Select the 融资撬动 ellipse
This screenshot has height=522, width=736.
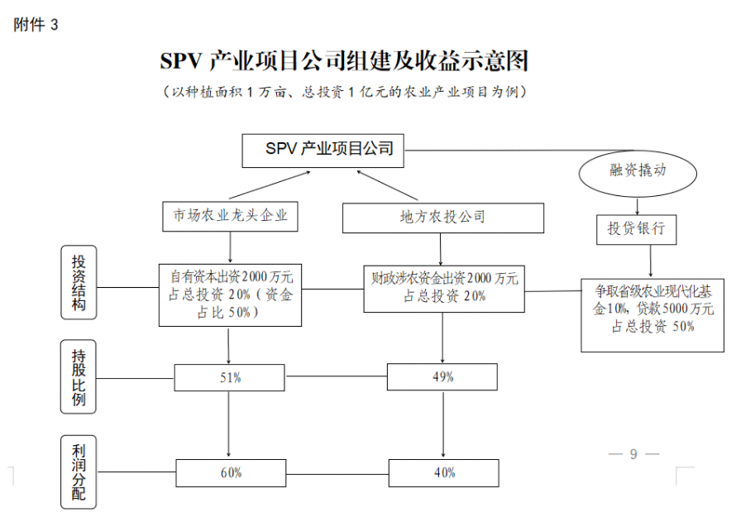pyautogui.click(x=638, y=171)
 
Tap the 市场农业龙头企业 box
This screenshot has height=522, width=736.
pyautogui.click(x=230, y=216)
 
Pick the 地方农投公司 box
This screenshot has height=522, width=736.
pyautogui.click(x=442, y=218)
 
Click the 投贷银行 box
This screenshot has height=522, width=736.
pyautogui.click(x=636, y=229)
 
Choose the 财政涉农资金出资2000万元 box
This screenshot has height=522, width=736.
pyautogui.click(x=444, y=288)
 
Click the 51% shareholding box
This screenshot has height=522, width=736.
pyautogui.click(x=230, y=378)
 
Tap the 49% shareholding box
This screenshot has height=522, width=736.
pyautogui.click(x=443, y=377)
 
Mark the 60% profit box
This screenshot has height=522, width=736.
pyautogui.click(x=230, y=472)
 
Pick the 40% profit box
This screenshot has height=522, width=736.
pyautogui.click(x=443, y=472)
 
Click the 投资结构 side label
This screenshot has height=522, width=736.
pyautogui.click(x=79, y=282)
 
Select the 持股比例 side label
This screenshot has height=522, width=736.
pyautogui.click(x=79, y=376)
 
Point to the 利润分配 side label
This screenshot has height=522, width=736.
pyautogui.click(x=79, y=472)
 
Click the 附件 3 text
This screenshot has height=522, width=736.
pyautogui.click(x=36, y=25)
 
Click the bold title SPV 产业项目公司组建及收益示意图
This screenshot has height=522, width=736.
pyautogui.click(x=344, y=61)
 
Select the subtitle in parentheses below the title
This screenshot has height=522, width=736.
pyautogui.click(x=344, y=91)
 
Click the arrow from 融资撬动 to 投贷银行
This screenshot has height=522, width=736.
pyautogui.click(x=637, y=205)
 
